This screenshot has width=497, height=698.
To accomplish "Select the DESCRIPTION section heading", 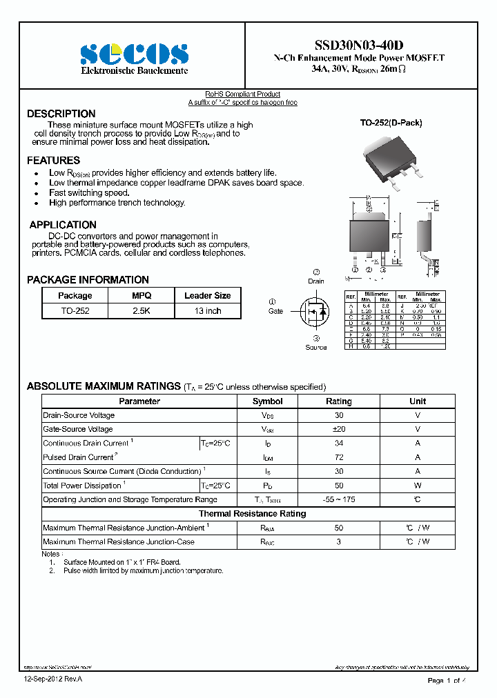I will (61, 114).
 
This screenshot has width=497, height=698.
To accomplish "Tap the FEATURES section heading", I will (53, 161).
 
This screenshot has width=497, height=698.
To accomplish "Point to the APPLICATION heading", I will (63, 225).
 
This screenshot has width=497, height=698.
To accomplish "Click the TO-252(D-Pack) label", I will (391, 123).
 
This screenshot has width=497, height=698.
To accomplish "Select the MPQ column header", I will (142, 295).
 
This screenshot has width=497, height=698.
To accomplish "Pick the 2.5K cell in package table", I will (142, 311).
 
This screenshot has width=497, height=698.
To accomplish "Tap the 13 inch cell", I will (207, 311).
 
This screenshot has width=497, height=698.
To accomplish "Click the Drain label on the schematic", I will (315, 281).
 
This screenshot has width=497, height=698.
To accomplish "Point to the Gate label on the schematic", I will (275, 311).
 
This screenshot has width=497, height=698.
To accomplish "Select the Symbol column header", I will (267, 401).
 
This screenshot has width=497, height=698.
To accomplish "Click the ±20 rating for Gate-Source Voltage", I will (338, 429).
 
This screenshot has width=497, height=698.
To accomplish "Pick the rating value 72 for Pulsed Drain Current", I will (338, 457).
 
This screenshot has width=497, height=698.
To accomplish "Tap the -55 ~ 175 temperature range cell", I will (338, 499).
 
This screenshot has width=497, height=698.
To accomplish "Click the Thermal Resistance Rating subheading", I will (252, 514).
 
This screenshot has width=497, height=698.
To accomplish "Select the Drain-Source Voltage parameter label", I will (79, 415).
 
